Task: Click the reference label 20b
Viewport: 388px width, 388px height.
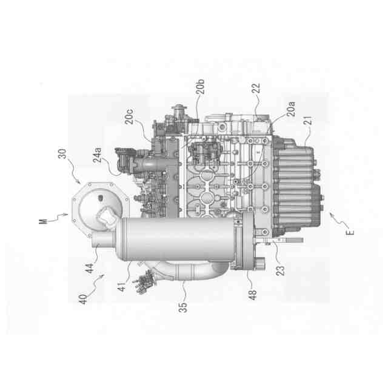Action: pyautogui.click(x=201, y=87)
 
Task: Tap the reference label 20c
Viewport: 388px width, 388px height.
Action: pyautogui.click(x=129, y=116)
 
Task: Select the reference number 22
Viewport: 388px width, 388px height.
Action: pyautogui.click(x=256, y=88)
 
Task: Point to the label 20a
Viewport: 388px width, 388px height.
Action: pyautogui.click(x=291, y=109)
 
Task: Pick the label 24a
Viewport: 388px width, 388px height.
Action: pyautogui.click(x=97, y=155)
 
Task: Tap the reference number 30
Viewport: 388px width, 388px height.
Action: pyautogui.click(x=62, y=153)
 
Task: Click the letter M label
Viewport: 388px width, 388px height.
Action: pyautogui.click(x=43, y=221)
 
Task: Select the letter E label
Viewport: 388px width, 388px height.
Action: pyautogui.click(x=350, y=233)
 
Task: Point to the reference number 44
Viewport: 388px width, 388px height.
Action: pyautogui.click(x=89, y=268)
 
